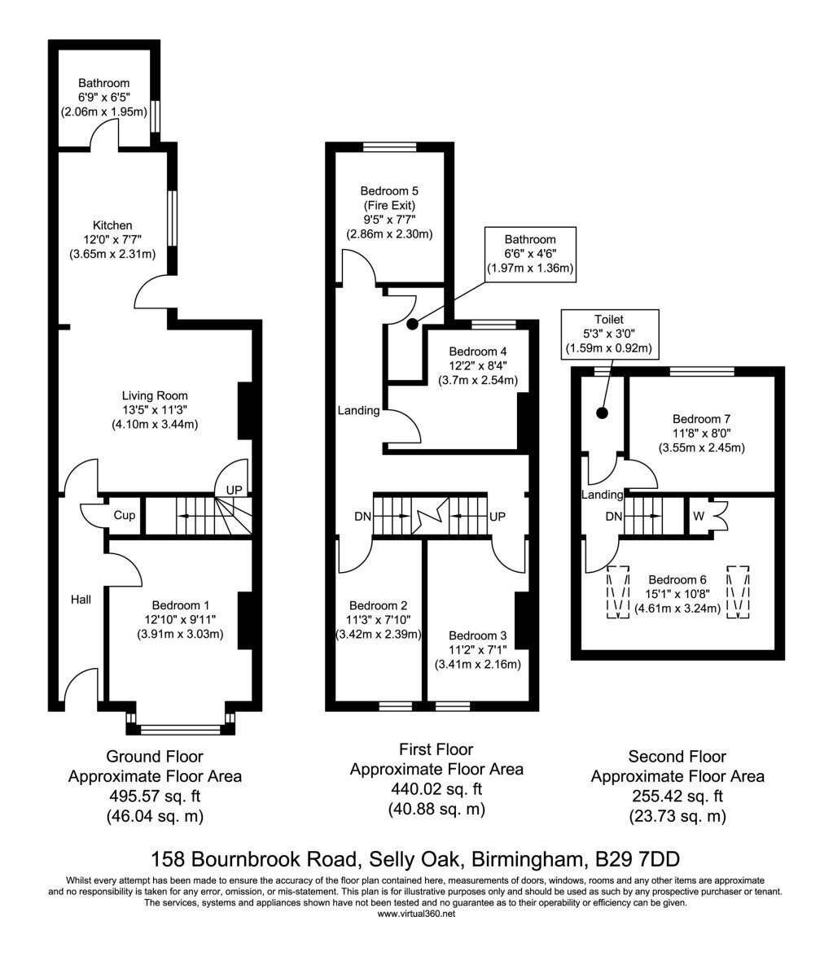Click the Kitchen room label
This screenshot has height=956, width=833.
(112, 225)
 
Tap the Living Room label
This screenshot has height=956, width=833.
(155, 395)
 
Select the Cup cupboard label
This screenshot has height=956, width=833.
(125, 515)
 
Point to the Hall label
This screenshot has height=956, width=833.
(81, 600)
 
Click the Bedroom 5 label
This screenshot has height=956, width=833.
(389, 191)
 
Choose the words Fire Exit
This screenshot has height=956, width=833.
(389, 206)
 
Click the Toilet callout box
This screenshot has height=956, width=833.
(609, 334)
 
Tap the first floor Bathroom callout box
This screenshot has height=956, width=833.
(530, 254)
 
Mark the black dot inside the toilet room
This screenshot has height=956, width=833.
(603, 413)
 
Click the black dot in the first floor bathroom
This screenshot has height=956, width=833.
(413, 325)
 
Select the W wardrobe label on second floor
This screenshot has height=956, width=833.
(699, 516)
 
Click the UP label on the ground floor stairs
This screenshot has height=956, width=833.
(235, 490)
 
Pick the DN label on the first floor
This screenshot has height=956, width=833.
(362, 517)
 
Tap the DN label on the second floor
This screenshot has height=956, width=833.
(613, 517)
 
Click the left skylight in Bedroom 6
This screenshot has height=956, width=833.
(617, 592)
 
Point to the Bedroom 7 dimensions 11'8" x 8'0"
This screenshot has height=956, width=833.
(701, 434)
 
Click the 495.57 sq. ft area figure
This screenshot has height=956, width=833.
(155, 797)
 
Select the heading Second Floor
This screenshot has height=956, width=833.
(677, 757)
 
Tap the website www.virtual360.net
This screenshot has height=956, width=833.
(416, 914)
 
